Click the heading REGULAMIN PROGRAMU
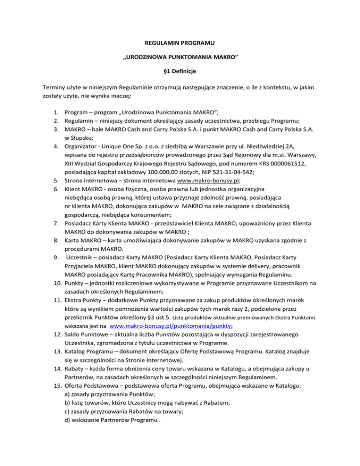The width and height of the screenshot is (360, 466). pyautogui.click(x=180, y=44)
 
